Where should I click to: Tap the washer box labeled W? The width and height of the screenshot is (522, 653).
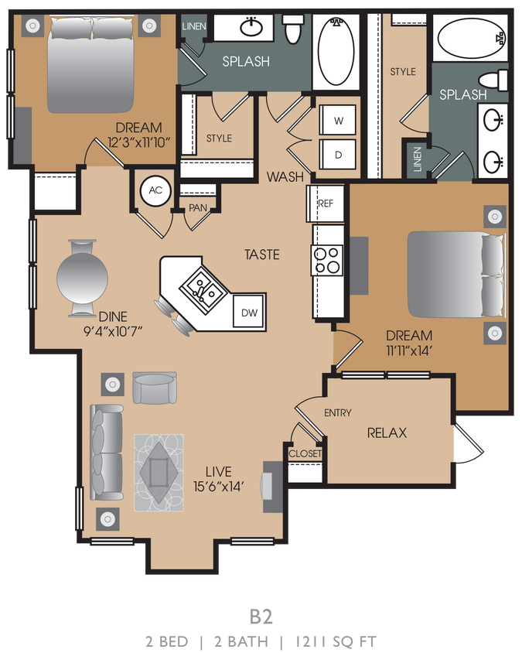(x=339, y=121)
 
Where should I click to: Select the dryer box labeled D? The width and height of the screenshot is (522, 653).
(x=339, y=153)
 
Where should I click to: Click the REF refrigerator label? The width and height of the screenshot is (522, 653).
(x=325, y=203)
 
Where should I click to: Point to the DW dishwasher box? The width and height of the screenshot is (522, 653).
(x=249, y=313)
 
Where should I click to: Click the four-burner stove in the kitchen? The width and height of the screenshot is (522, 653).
(x=327, y=260)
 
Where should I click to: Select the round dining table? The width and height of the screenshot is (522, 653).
(x=83, y=278)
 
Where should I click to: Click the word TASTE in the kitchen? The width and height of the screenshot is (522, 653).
(x=261, y=255)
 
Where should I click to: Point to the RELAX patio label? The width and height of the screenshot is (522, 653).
(x=387, y=433)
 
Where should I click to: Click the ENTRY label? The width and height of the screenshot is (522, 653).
(x=337, y=413)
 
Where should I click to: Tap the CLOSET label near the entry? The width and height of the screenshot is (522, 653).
(x=305, y=453)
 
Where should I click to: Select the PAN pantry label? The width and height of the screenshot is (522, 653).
(x=197, y=207)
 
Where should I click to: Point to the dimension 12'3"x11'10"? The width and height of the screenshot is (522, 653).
(x=138, y=142)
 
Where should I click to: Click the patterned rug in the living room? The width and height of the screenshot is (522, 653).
(x=160, y=472)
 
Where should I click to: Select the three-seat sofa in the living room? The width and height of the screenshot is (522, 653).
(x=106, y=452)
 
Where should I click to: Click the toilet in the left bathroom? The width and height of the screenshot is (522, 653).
(x=293, y=30)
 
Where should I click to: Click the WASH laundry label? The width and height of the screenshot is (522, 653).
(x=285, y=177)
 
